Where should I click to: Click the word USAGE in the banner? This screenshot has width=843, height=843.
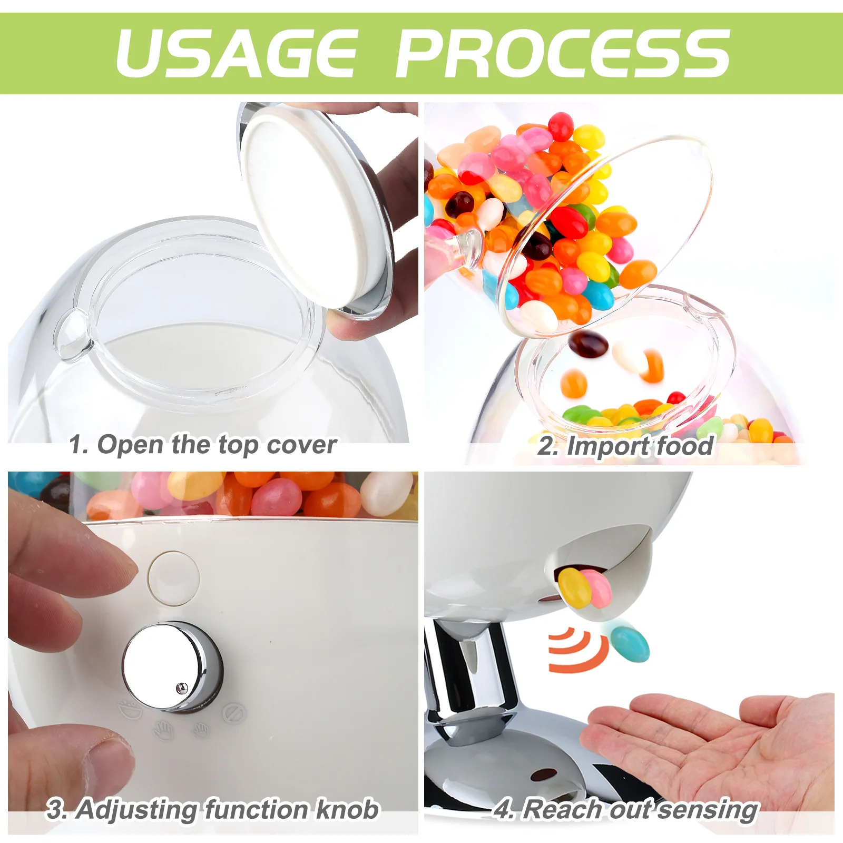237,53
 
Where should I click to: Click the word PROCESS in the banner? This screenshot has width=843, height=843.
563,53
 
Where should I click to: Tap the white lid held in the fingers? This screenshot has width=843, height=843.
311,205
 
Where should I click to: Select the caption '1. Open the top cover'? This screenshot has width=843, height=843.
203,445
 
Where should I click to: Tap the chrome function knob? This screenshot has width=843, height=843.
171,666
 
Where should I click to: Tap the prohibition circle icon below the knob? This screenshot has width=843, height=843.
233,713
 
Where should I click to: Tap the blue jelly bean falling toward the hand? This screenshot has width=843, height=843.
630,643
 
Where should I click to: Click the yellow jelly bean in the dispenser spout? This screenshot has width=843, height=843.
574,587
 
